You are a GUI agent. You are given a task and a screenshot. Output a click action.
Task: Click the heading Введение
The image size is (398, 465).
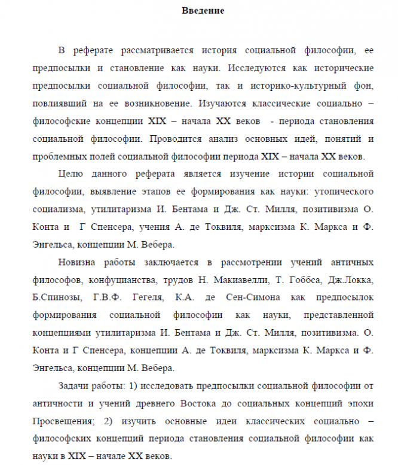[x=203, y=11]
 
